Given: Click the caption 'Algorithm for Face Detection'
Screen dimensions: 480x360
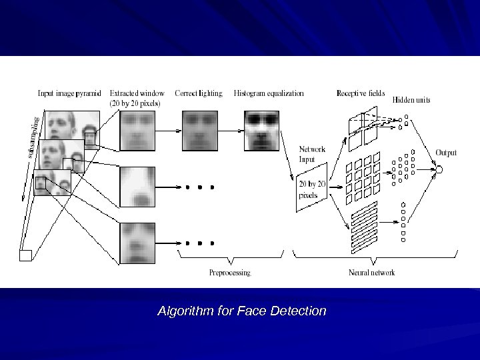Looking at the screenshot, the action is pyautogui.click(x=241, y=311).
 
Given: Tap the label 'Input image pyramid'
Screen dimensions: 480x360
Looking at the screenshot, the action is pyautogui.click(x=69, y=94).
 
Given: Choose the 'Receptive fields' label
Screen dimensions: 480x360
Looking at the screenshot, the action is pyautogui.click(x=361, y=93).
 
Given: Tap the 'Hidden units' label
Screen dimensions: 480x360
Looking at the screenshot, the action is pyautogui.click(x=411, y=100).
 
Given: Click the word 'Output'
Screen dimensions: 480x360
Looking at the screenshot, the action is pyautogui.click(x=446, y=153).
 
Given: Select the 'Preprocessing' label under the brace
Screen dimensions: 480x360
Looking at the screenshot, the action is pyautogui.click(x=229, y=273).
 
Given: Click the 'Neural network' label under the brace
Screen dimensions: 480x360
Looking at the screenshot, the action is pyautogui.click(x=372, y=273).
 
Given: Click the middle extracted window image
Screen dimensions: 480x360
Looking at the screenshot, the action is pyautogui.click(x=137, y=187).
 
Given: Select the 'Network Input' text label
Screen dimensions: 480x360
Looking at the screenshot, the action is pyautogui.click(x=312, y=153).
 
